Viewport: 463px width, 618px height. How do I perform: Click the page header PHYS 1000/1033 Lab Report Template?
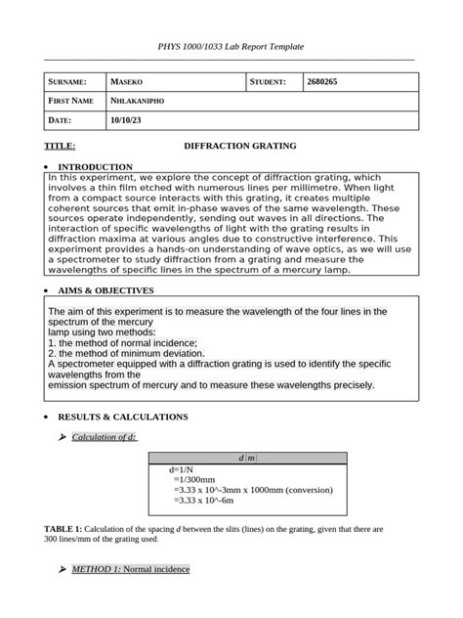pos(231,47)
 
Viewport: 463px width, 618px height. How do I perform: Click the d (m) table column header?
pos(247,459)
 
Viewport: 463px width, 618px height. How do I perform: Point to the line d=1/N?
pos(184,470)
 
